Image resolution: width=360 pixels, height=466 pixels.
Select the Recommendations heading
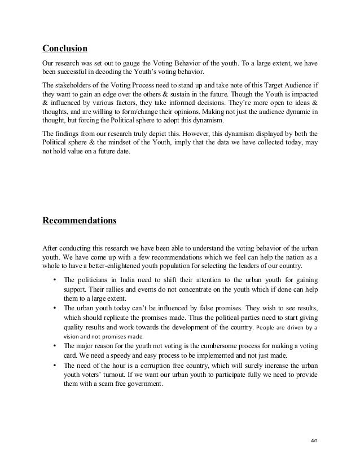coord(80,219)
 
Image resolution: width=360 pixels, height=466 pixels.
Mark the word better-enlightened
coord(124,265)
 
